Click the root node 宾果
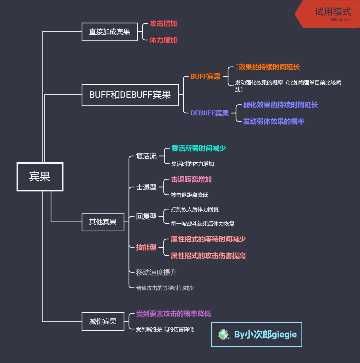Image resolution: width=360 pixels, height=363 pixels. pos(40,177)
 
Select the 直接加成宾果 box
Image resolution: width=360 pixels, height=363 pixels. pos(110,32)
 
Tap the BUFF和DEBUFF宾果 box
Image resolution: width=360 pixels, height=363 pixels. pos(130,95)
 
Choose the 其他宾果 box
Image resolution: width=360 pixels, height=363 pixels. pos(103,222)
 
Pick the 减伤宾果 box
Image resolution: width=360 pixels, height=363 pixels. pos(103,321)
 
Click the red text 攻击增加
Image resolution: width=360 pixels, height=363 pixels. pos(163,23)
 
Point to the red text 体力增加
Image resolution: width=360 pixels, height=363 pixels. pos(163,40)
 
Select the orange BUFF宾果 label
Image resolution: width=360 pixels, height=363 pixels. pos(205,76)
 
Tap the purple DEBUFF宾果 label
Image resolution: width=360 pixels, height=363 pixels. pos(209,113)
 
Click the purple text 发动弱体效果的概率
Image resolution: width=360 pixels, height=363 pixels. pos(273,121)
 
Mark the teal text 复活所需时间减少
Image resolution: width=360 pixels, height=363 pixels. pos(198,148)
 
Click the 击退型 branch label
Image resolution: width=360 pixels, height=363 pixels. pos(146,187)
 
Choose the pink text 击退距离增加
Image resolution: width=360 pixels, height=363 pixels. pos(191,179)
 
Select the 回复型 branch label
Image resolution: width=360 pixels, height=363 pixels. pos(146,216)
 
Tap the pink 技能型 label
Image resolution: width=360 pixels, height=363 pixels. pos(146,247)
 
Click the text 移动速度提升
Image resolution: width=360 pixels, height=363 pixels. pos(156,272)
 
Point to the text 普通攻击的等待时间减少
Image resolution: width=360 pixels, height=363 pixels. pos(165,288)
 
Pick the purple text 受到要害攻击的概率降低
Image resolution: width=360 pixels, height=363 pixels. pos(173,314)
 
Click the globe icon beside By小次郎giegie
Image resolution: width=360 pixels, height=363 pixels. pos(223,334)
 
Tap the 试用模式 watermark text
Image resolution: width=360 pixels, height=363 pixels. pos(333,12)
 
